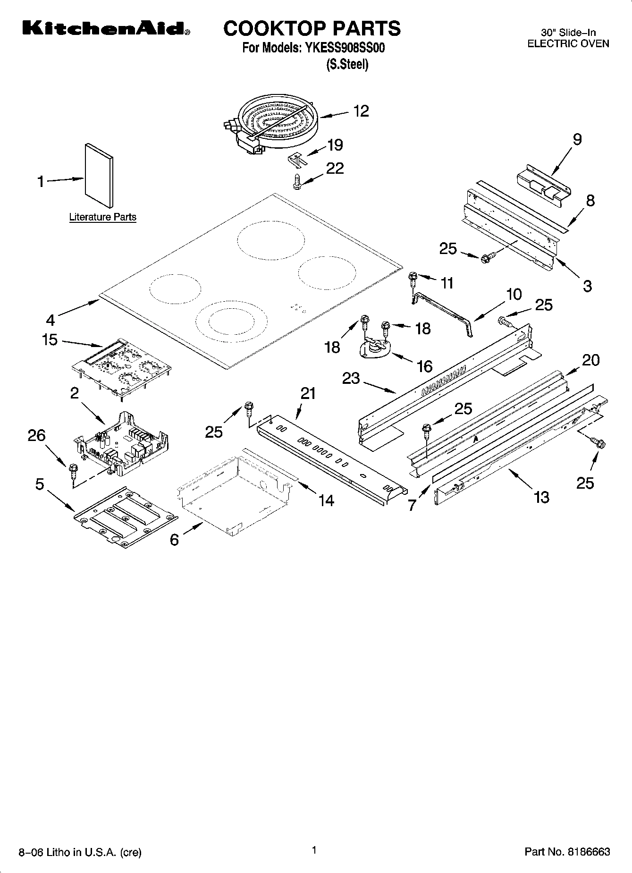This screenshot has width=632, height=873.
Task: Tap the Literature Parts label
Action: (x=102, y=217)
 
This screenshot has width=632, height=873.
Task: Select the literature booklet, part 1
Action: (x=99, y=175)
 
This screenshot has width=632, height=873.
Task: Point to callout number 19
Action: (x=335, y=145)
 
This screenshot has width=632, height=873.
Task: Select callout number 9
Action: (x=577, y=139)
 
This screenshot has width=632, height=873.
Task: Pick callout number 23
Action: (x=351, y=378)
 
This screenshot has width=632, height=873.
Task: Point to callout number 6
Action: (x=174, y=540)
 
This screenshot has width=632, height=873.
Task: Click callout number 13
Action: (x=541, y=497)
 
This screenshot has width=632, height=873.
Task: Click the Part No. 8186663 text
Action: (x=567, y=852)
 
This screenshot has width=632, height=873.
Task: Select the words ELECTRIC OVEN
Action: (x=568, y=43)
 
